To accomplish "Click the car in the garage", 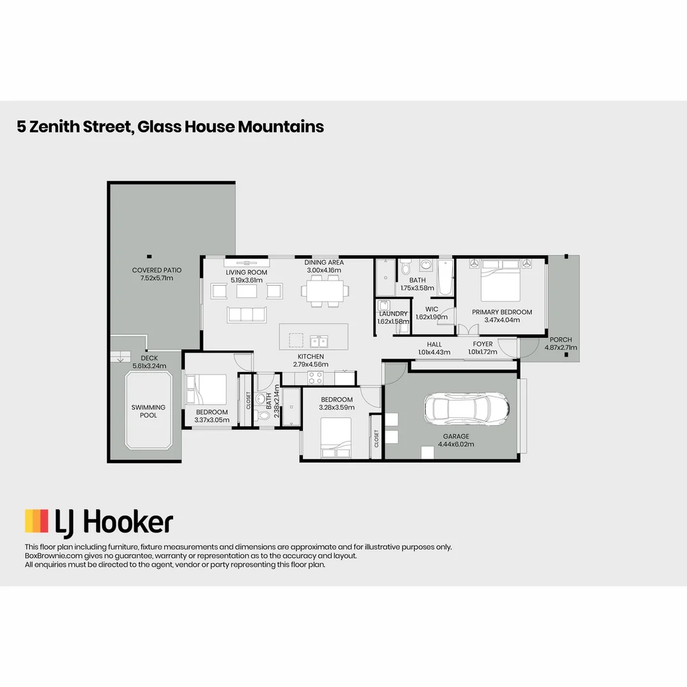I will coord(467,409).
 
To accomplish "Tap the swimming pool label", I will coord(148,411).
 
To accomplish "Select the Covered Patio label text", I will coord(156,270).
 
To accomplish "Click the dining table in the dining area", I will coord(324,291).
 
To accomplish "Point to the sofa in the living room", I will coord(246,314).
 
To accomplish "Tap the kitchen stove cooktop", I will coord(316,378).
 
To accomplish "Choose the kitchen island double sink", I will coord(319,339).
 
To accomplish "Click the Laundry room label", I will coord(392,314).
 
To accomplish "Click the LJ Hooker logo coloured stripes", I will coord(36,521).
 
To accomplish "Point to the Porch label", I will coord(560,340).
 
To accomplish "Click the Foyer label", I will coord(482,344).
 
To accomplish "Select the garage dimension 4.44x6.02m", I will coord(456,444).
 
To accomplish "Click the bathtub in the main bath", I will coord(445,278).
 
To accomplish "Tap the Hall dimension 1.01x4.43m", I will coord(434,352).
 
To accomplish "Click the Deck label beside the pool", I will coord(149,358).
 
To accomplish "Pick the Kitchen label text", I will coord(311,356).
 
